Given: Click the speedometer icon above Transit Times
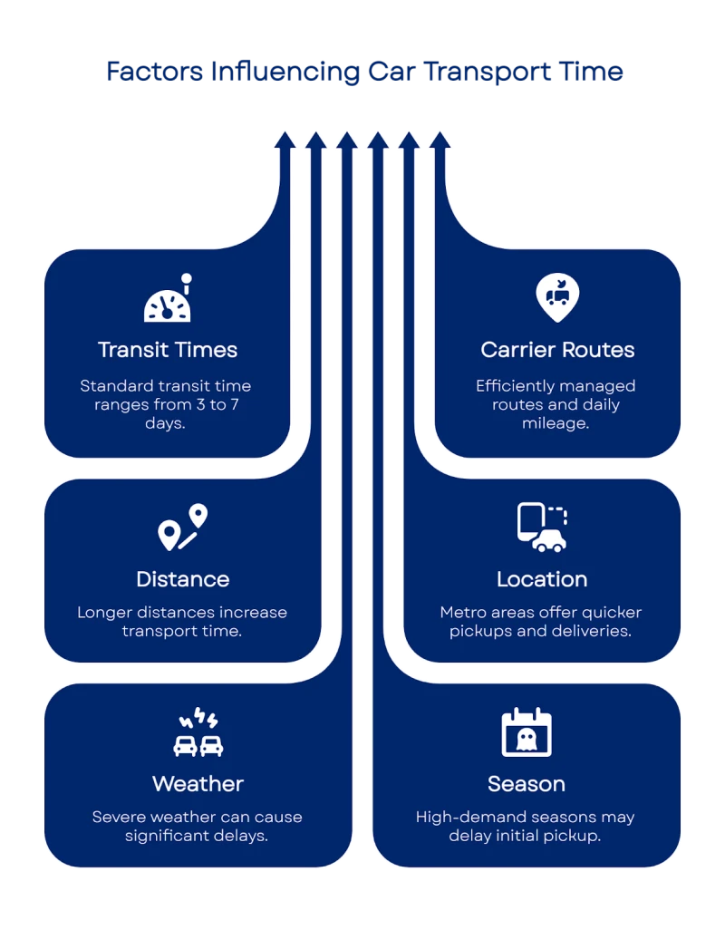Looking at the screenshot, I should pos(169,301).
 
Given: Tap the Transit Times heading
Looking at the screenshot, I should pos(168,350).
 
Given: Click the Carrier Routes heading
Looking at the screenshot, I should pos(557,350).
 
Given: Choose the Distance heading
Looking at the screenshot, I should pos(182,579).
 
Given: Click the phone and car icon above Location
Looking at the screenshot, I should pos(542,527).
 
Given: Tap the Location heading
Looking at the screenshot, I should pos(542,579).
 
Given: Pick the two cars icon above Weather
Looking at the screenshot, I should pos(198,735).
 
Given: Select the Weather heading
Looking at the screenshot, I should pos(198,783).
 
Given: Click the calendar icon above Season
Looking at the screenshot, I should pos(527,732).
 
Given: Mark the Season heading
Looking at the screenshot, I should pos(527,783).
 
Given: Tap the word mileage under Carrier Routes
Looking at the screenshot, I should pos(556,422).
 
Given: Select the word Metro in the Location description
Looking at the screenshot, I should pos(463,612).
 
